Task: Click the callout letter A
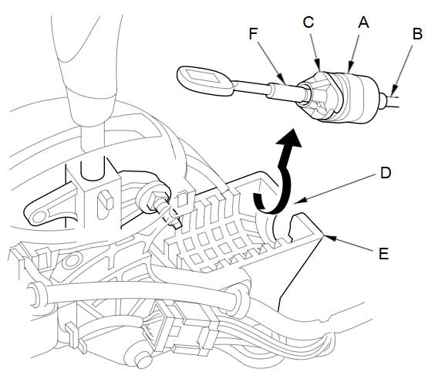click(363, 22)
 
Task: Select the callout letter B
click(417, 33)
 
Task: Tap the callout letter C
click(308, 22)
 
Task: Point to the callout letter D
click(386, 172)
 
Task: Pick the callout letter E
click(384, 253)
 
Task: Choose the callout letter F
click(253, 33)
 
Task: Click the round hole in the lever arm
click(39, 218)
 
